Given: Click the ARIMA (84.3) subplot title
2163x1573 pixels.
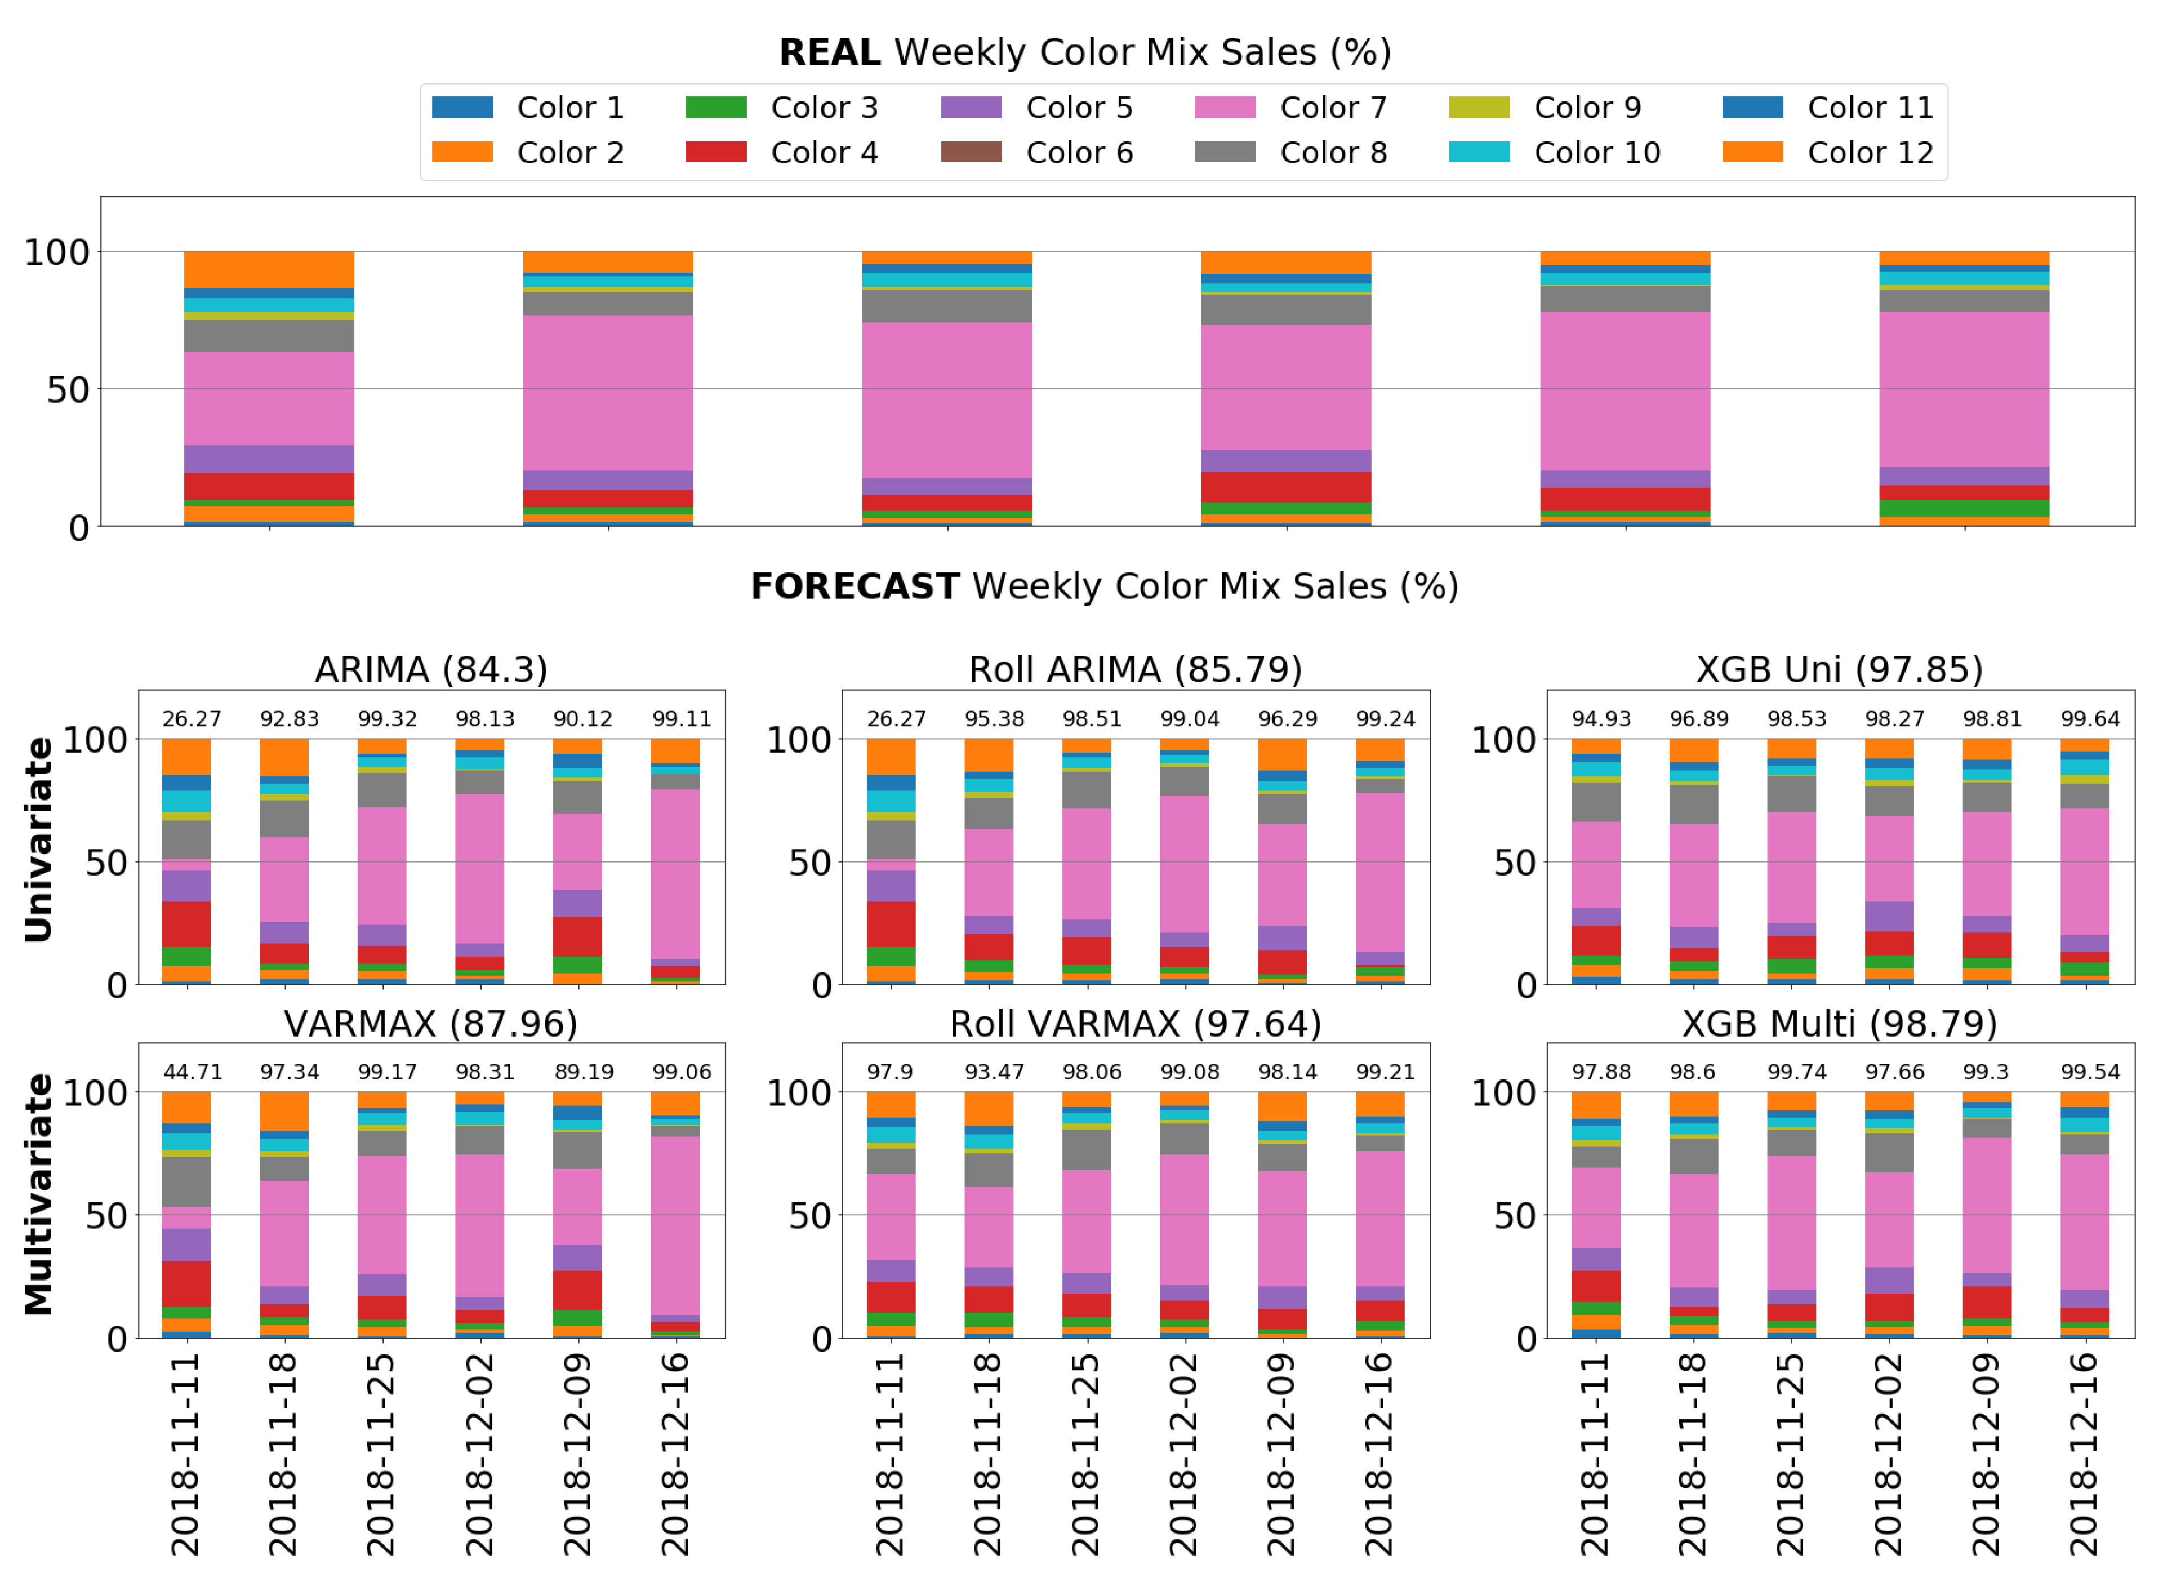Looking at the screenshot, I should (431, 670).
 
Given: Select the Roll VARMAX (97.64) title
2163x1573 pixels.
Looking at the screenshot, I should (1135, 1024).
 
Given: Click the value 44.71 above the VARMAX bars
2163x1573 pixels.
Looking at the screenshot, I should (193, 1072).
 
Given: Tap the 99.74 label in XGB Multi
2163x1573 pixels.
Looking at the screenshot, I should (1797, 1072).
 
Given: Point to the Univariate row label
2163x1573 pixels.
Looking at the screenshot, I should (38, 839).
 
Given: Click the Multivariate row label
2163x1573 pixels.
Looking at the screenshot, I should (38, 1194).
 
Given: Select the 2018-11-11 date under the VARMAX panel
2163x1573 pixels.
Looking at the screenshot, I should (185, 1455).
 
